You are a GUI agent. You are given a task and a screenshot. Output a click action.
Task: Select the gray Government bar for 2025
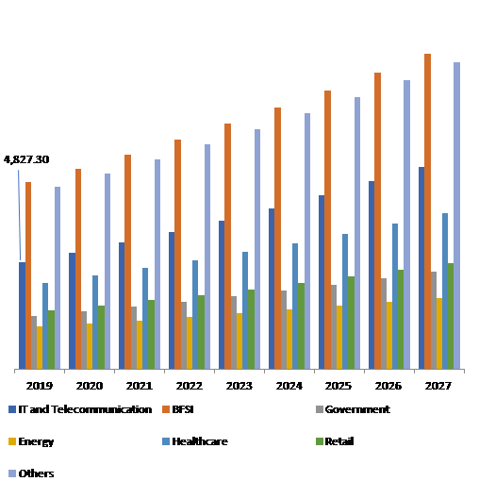pos(334,326)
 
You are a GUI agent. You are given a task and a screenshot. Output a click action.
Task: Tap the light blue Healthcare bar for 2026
pos(395,296)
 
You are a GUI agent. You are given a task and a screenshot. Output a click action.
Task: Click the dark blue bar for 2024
pos(272,289)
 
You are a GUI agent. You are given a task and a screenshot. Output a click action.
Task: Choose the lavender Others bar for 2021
pos(157,264)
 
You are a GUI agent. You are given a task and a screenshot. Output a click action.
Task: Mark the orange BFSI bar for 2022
pos(177,255)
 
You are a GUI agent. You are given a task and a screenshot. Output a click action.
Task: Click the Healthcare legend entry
pos(197,440)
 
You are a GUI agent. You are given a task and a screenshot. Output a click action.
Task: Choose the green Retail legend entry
pos(339,440)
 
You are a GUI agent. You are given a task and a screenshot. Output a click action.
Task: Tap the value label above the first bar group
pos(28,161)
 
